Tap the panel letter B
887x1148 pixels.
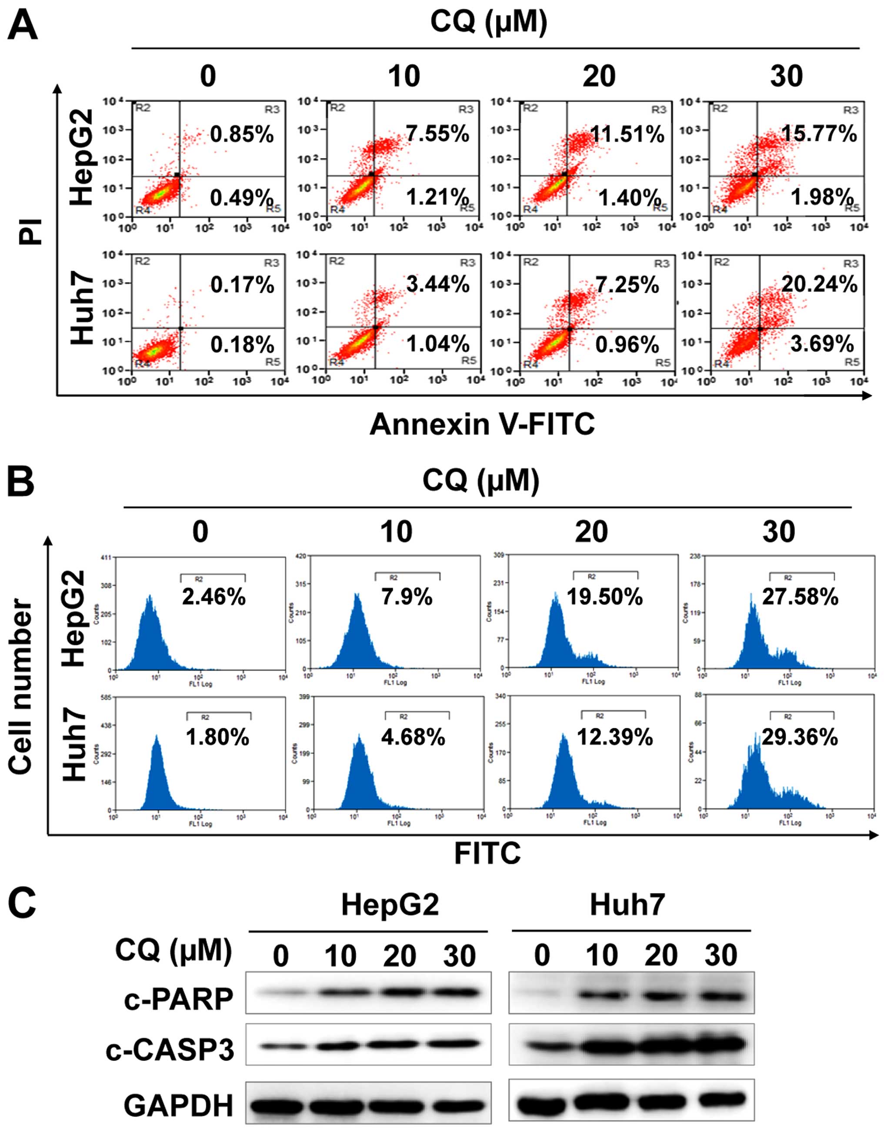21,482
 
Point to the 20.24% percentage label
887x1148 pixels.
819,284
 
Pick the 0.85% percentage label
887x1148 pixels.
242,134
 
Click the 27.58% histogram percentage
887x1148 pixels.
800,597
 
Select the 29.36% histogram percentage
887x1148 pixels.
799,738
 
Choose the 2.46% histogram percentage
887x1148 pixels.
214,597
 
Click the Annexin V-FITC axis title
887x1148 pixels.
482,424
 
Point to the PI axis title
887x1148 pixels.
30,231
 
